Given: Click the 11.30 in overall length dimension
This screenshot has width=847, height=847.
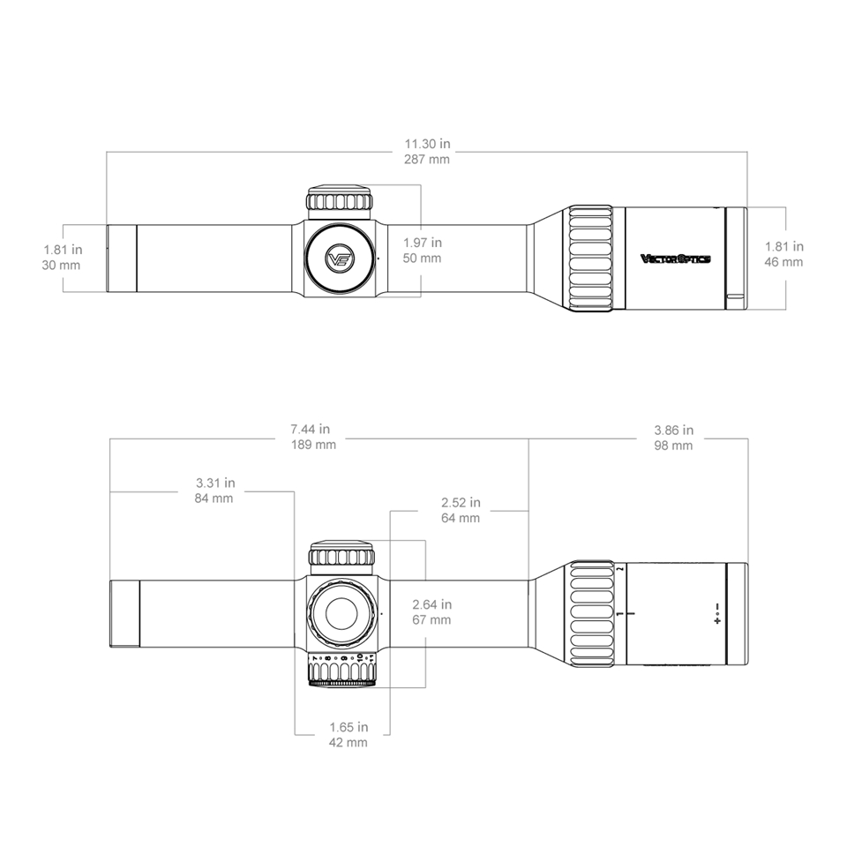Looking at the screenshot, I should [x=426, y=144].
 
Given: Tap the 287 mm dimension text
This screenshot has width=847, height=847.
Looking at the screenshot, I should [x=426, y=160].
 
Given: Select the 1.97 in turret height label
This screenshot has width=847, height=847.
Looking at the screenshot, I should [x=422, y=243].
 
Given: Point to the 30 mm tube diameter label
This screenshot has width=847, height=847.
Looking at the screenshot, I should [x=61, y=265].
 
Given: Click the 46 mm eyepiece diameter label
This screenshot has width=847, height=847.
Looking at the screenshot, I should [x=784, y=262].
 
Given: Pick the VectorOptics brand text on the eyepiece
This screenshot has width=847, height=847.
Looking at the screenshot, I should [x=675, y=259].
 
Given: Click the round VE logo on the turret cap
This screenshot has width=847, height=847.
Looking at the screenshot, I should [x=340, y=259].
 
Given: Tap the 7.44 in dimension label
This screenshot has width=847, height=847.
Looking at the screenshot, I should [x=313, y=430].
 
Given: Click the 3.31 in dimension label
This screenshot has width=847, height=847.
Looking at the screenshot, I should [x=214, y=483].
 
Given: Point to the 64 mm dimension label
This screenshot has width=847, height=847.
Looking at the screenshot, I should [x=461, y=518].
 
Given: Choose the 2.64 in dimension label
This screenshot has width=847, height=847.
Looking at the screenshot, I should [x=431, y=604].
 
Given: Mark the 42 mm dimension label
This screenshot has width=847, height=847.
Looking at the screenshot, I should [x=348, y=743].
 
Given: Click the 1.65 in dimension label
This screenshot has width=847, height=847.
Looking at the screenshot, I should [x=348, y=727].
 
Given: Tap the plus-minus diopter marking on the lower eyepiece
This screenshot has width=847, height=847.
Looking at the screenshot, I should [x=718, y=614].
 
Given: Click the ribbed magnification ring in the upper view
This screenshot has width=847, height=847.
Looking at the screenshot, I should [x=589, y=258].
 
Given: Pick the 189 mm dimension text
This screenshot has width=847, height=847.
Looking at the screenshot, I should [x=313, y=446].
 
